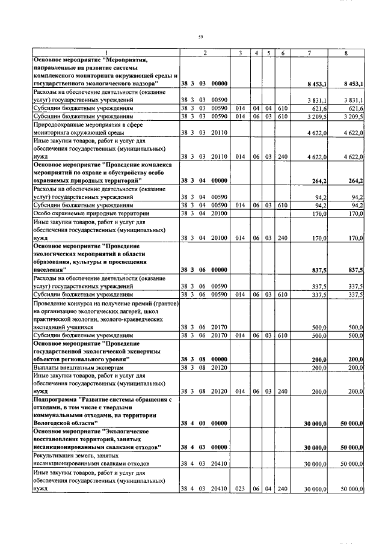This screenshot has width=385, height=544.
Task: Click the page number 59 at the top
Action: click(200, 37)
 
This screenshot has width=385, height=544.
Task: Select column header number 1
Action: click(106, 53)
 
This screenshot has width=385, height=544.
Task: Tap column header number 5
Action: click(268, 53)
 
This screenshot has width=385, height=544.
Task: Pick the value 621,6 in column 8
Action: click(354, 108)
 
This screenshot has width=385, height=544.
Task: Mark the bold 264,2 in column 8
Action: click(356, 180)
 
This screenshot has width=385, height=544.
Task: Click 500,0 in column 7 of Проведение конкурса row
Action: click(318, 327)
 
